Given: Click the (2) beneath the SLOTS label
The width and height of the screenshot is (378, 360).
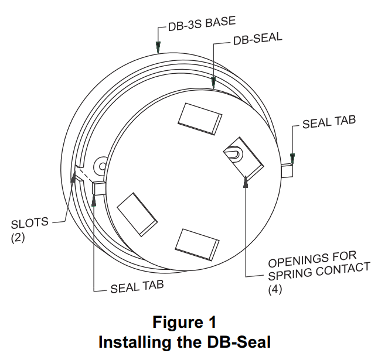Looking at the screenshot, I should click(18, 238).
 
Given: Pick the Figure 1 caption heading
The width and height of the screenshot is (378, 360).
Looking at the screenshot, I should click(185, 322).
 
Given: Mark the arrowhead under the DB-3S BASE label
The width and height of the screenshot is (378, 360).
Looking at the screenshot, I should click(158, 47).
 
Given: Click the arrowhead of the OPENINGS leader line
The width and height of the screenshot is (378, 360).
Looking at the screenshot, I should click(245, 183).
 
